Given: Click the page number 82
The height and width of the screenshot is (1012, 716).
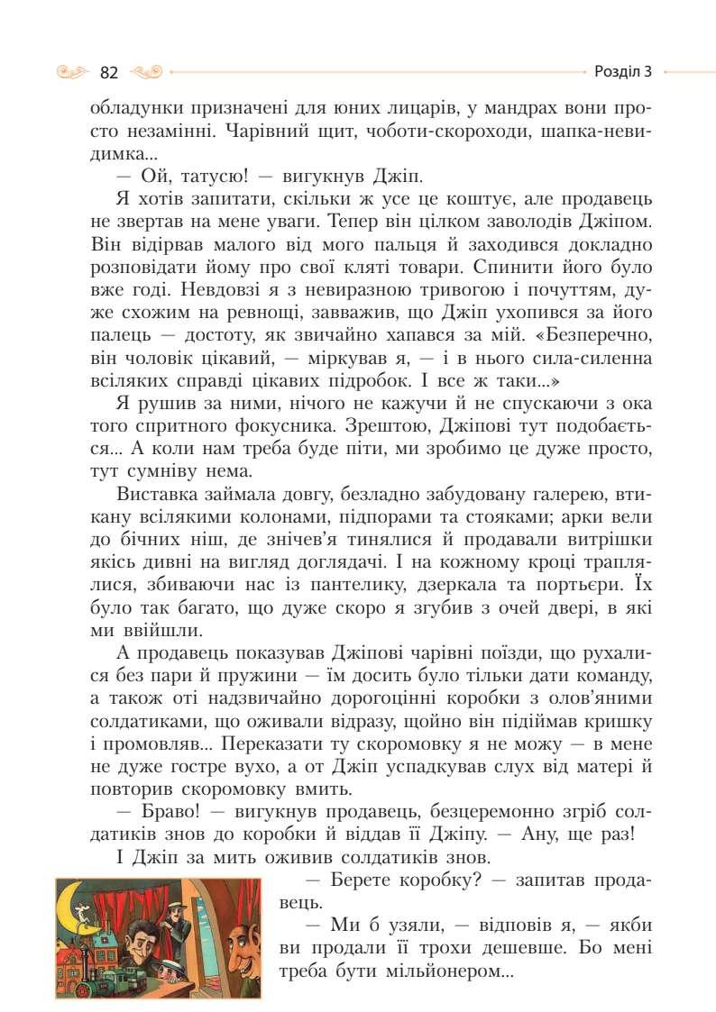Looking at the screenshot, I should pos(110,72).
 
